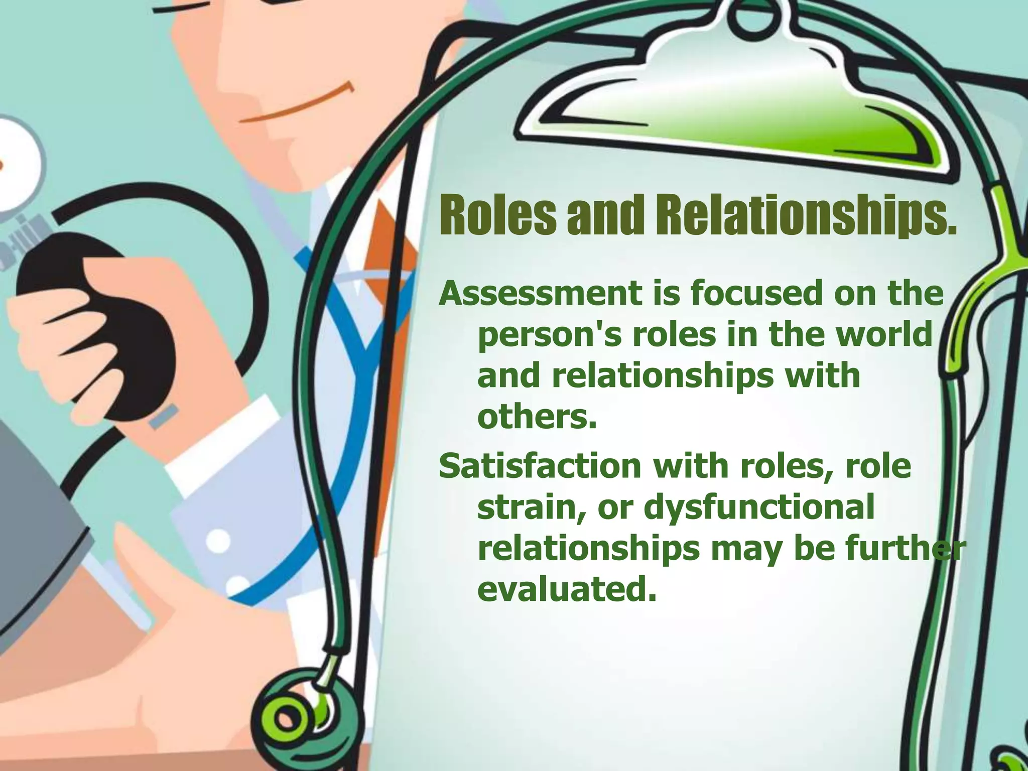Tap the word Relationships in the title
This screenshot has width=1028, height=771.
[x=803, y=217]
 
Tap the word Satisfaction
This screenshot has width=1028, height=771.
[x=540, y=467]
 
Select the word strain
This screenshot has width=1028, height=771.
[x=532, y=508]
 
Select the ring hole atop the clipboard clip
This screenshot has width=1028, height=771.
[x=750, y=19]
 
